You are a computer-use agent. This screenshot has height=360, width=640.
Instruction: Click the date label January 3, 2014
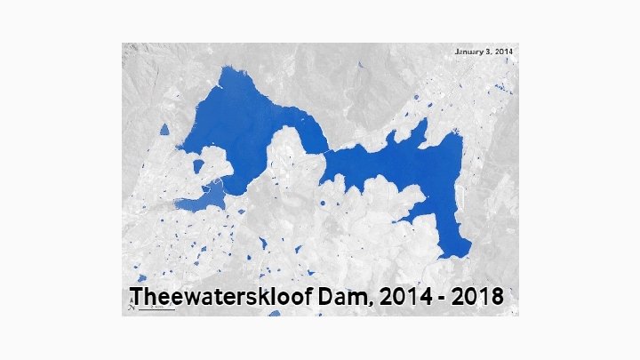(x=484, y=52)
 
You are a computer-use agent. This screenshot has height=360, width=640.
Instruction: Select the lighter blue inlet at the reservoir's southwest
(x=200, y=201)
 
